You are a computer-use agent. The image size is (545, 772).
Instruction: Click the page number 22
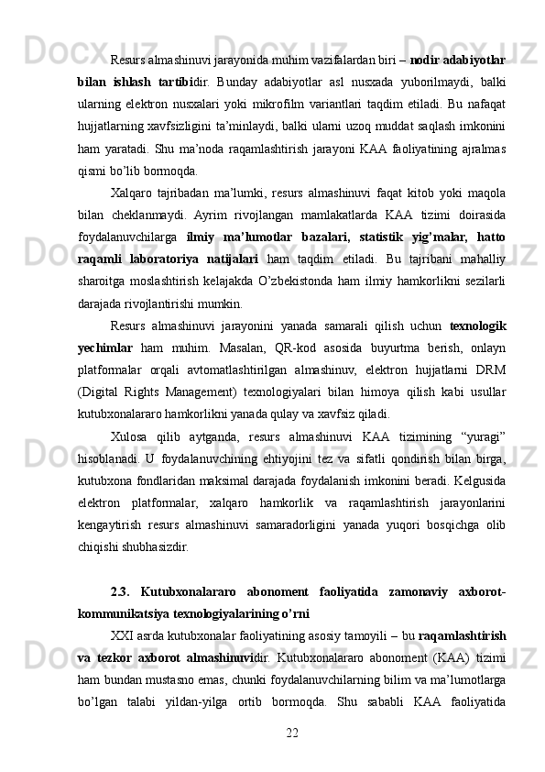click(x=293, y=731)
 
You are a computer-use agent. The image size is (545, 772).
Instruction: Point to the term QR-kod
click(x=287, y=373)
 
